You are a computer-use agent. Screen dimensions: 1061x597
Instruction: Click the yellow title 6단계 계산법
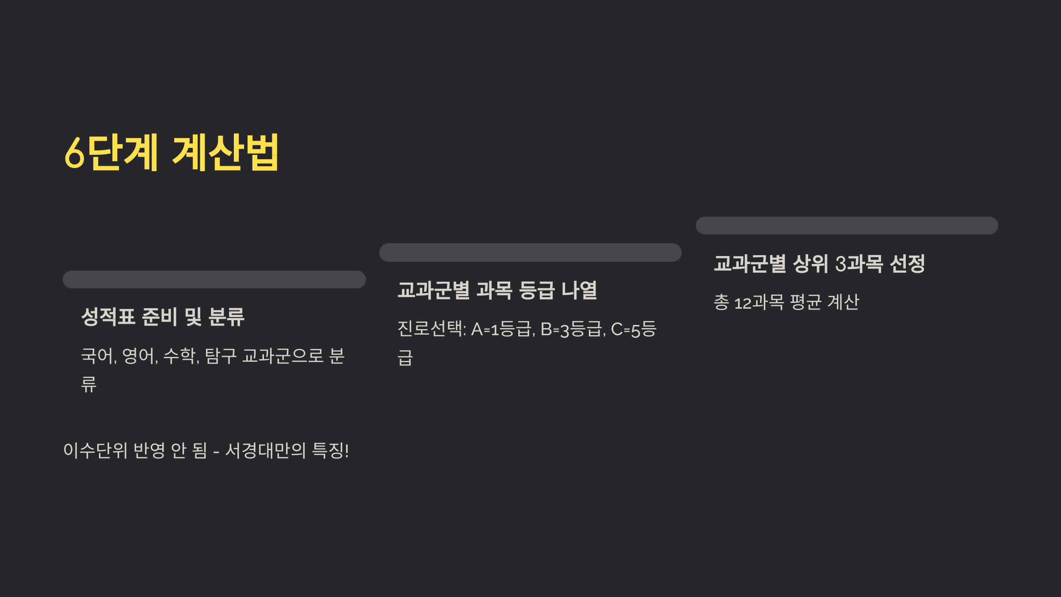pyautogui.click(x=172, y=153)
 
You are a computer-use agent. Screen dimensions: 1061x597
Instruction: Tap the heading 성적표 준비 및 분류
pyautogui.click(x=163, y=317)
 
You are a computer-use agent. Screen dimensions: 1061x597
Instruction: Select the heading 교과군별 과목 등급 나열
pyautogui.click(x=497, y=291)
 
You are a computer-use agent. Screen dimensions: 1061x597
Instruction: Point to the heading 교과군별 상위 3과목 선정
pyautogui.click(x=819, y=264)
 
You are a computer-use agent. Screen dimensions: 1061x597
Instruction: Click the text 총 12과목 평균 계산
pyautogui.click(x=786, y=302)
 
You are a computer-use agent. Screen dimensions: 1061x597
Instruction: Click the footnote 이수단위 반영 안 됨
pyautogui.click(x=135, y=451)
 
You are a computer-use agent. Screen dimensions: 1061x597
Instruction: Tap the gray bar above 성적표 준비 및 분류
pyautogui.click(x=214, y=279)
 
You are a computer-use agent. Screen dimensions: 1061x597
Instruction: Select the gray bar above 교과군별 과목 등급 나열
pyautogui.click(x=530, y=253)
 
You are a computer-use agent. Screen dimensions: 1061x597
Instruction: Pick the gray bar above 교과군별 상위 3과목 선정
pyautogui.click(x=847, y=226)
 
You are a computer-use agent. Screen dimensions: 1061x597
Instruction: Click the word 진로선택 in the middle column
pyautogui.click(x=430, y=329)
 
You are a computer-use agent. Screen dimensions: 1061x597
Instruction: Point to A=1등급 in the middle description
pyautogui.click(x=501, y=329)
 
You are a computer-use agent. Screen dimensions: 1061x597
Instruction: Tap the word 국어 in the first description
pyautogui.click(x=97, y=356)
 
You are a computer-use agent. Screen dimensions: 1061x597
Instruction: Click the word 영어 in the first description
pyautogui.click(x=138, y=356)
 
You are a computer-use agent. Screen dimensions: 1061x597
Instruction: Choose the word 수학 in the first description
pyautogui.click(x=179, y=356)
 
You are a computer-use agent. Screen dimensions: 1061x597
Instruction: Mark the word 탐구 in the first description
pyautogui.click(x=221, y=356)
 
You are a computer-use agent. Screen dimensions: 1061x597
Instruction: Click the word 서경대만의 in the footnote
pyautogui.click(x=266, y=451)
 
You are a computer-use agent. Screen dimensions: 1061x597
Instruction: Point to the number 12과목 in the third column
pyautogui.click(x=759, y=302)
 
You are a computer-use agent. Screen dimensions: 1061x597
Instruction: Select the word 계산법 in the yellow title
pyautogui.click(x=225, y=153)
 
